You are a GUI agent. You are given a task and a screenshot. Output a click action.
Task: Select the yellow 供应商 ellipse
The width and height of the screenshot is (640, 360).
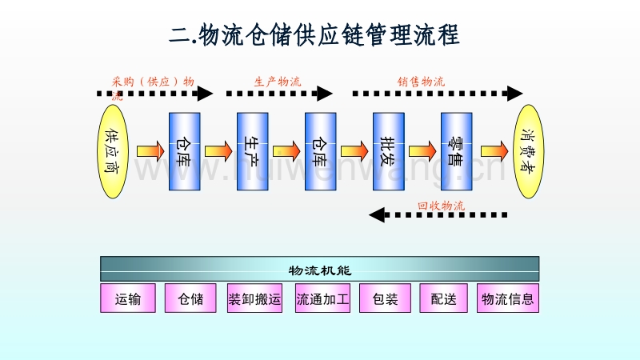[x=112, y=151]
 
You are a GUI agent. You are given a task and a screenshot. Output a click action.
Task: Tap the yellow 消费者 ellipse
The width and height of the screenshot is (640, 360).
[x=527, y=151]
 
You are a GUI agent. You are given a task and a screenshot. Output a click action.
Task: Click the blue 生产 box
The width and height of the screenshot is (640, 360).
[x=252, y=151]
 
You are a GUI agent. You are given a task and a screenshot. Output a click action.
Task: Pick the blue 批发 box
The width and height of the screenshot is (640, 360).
[x=388, y=151]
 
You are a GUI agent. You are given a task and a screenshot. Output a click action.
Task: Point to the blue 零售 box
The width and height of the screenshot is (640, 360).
[x=457, y=151]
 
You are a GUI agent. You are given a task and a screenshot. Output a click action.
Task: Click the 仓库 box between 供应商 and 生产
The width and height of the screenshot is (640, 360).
[x=184, y=151]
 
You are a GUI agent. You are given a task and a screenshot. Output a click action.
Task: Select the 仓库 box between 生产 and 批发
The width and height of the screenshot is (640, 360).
[x=320, y=151]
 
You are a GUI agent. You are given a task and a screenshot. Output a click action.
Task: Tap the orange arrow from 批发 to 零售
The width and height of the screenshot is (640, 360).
[x=422, y=150]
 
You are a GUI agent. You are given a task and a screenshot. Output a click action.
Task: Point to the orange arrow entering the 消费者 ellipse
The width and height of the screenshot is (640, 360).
[x=494, y=150]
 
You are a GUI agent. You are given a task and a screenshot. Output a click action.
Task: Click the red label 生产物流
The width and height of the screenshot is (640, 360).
[x=278, y=82]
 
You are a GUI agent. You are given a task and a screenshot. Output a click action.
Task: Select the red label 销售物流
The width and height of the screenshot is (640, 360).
[x=422, y=82]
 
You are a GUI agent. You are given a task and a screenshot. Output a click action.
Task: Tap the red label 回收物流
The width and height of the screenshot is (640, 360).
[x=441, y=206]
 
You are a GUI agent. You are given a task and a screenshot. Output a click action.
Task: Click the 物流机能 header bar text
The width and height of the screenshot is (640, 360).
[x=320, y=269]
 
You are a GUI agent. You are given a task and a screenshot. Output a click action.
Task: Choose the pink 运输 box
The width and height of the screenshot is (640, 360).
[x=128, y=298]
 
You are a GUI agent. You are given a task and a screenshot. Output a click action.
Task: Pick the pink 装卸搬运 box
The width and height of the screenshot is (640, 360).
[x=254, y=298]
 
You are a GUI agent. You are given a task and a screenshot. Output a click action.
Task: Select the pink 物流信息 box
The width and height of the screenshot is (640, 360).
[x=507, y=298]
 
